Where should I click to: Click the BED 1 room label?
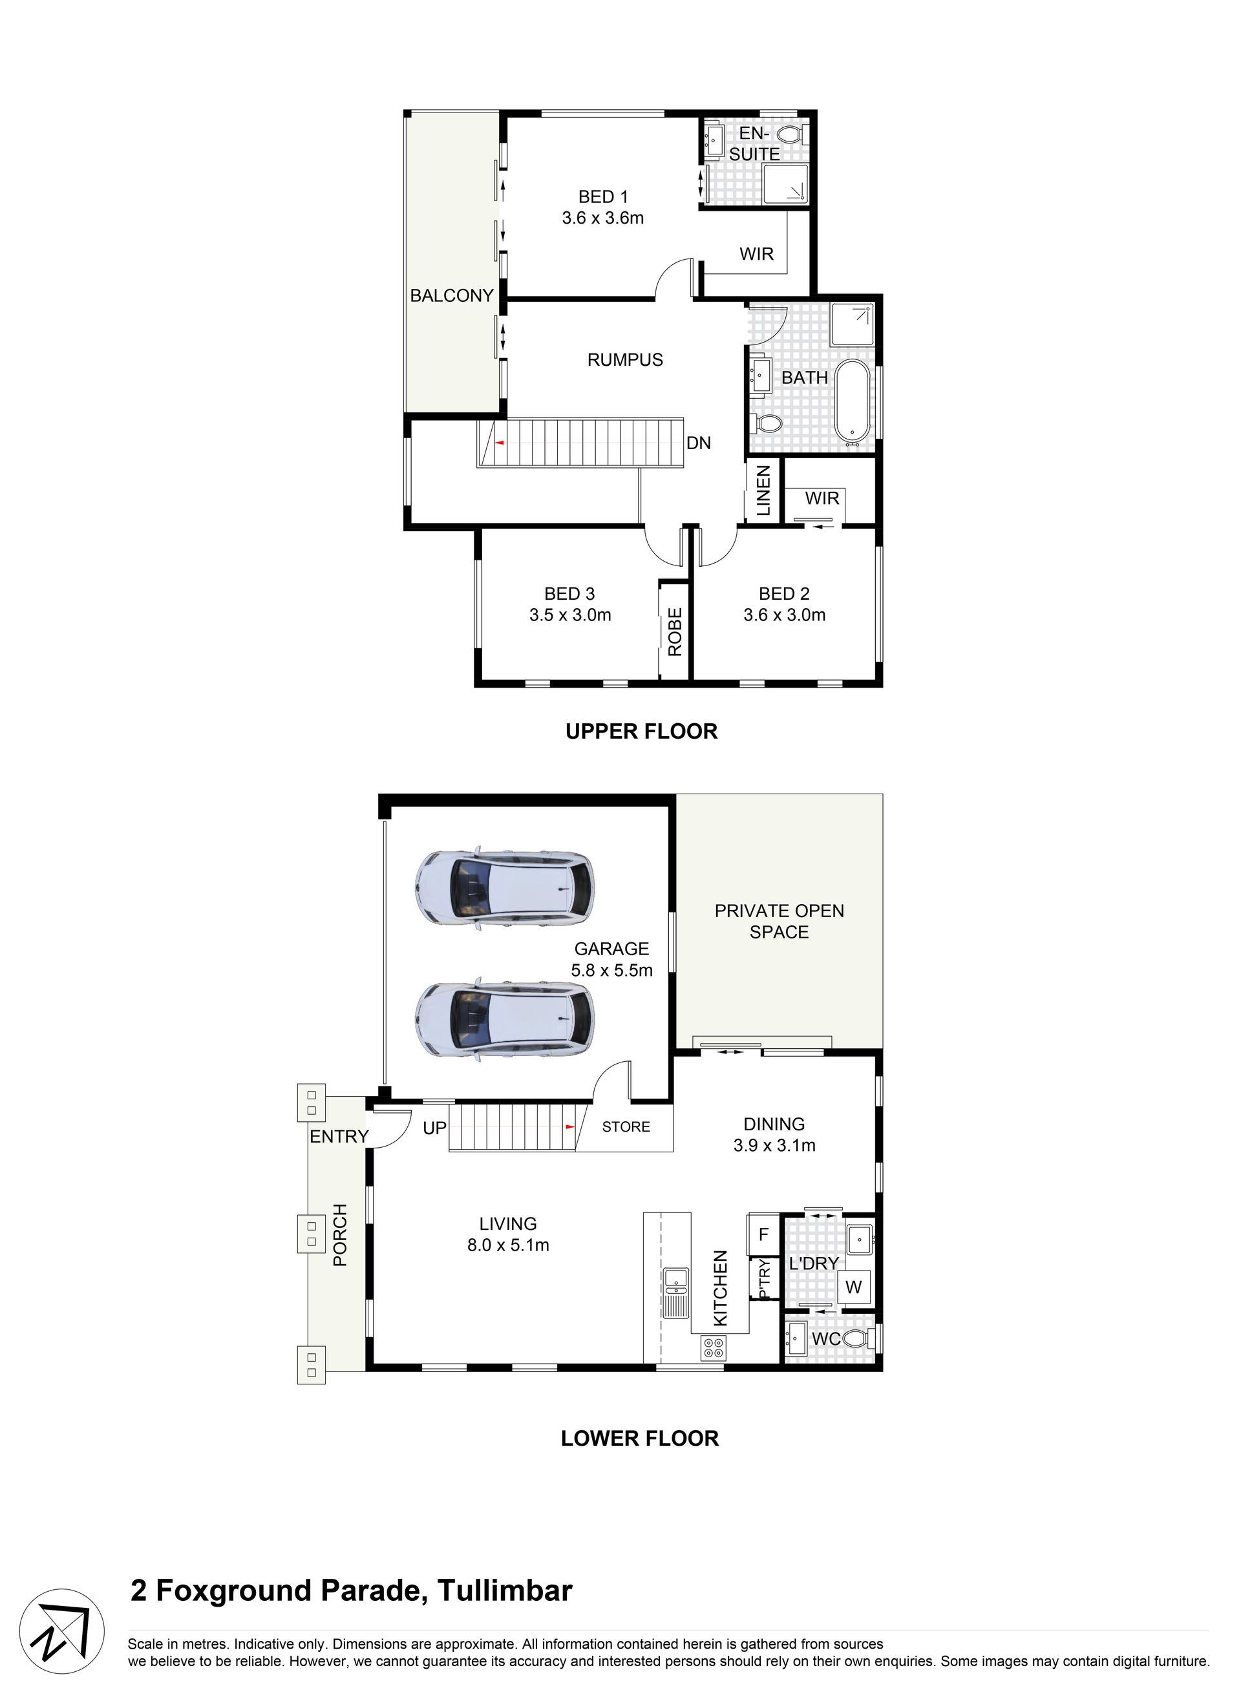[602, 196]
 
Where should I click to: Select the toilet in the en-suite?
[791, 135]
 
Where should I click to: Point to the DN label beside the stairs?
[699, 443]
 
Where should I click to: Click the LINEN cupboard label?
[763, 491]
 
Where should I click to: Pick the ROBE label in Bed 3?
[675, 631]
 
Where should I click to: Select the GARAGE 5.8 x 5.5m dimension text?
[611, 959]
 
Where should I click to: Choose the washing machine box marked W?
[853, 1287]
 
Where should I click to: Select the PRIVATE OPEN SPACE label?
[779, 922]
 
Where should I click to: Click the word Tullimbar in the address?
[505, 1590]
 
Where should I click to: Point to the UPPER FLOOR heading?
[642, 732]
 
